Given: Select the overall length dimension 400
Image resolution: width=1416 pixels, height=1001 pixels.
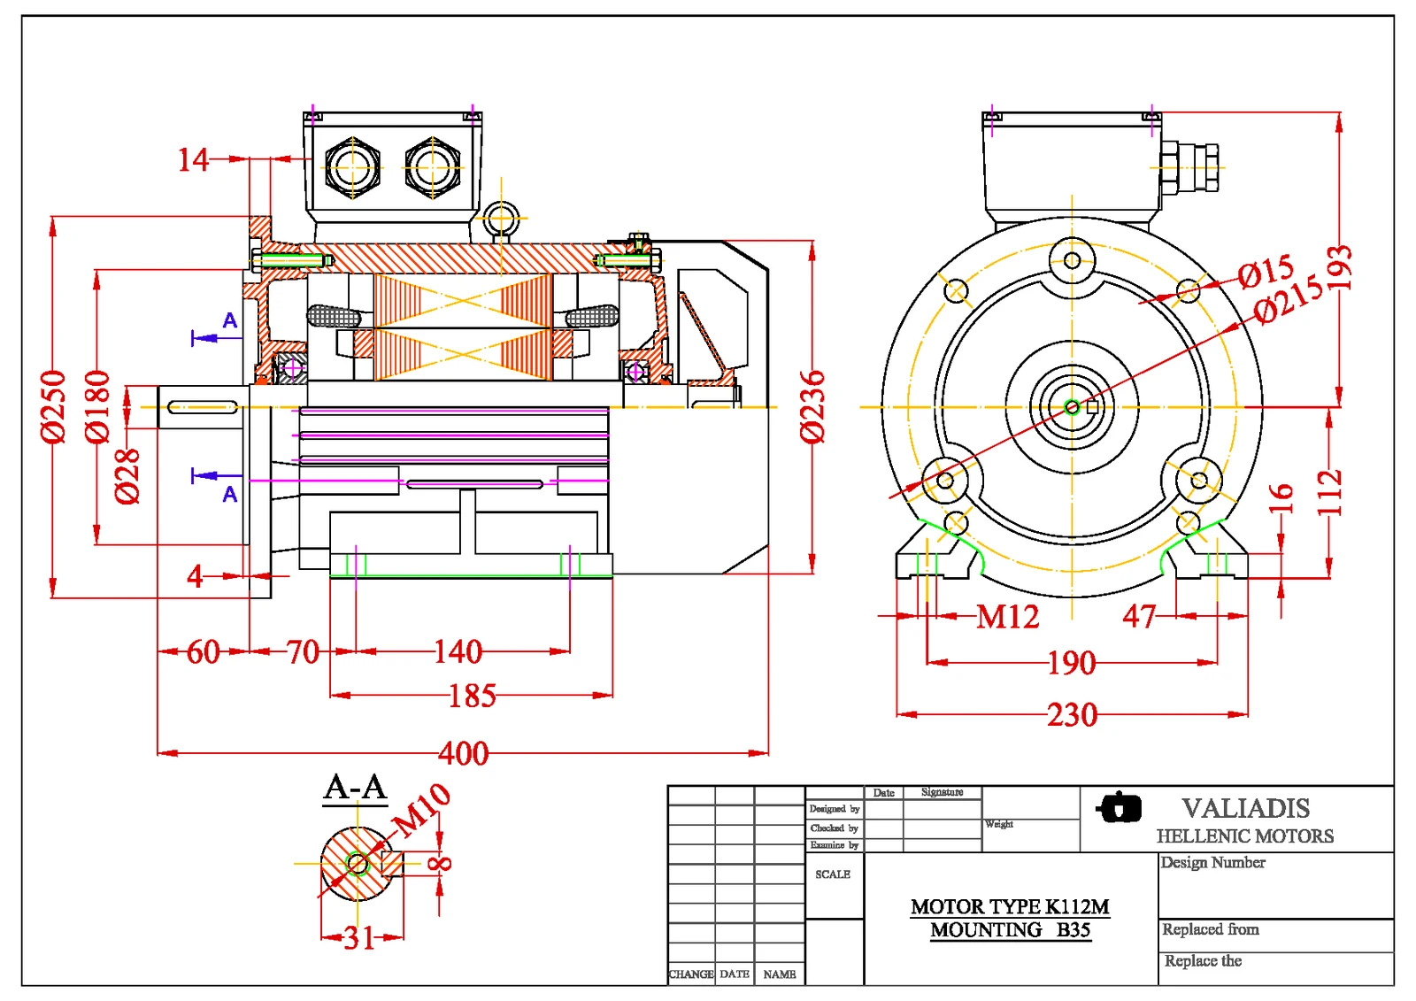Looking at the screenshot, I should [463, 753].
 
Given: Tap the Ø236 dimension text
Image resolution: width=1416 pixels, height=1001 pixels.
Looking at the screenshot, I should [812, 406].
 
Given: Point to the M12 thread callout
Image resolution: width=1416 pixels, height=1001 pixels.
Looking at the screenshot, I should [1007, 617].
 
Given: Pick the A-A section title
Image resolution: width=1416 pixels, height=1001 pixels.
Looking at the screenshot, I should [355, 787].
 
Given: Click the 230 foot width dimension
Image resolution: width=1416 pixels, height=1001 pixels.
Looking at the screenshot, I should [1072, 714].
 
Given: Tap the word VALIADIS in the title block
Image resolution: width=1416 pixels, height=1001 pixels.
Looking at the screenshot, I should [1245, 808].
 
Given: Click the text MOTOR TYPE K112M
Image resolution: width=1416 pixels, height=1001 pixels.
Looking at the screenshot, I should [1010, 906].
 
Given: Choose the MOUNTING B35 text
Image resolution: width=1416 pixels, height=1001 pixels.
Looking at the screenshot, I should [1010, 930].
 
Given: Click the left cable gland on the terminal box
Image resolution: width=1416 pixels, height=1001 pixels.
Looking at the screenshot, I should [352, 166].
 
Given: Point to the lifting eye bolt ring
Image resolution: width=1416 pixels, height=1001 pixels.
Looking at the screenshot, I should [501, 217].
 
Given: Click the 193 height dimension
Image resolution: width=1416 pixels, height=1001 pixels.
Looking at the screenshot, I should [1339, 267].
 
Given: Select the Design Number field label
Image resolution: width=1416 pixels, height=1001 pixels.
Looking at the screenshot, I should [1212, 862].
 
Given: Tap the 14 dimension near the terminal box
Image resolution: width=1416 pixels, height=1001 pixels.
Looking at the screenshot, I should [193, 160].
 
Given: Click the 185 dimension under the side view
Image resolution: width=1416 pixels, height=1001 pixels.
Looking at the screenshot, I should [472, 696].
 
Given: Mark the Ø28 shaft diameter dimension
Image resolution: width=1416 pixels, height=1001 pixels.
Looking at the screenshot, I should [127, 475].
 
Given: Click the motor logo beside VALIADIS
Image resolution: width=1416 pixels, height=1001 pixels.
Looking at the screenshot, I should [1120, 807].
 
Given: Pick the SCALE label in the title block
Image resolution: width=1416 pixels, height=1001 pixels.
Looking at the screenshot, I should [832, 874].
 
